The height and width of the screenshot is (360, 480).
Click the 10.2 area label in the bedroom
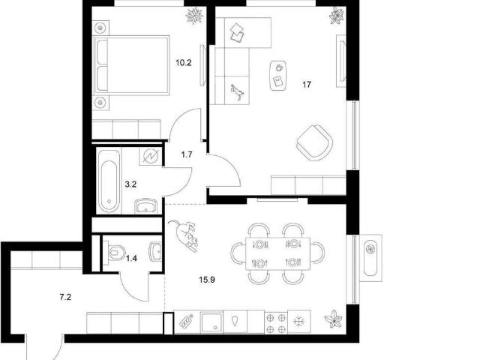[183, 63]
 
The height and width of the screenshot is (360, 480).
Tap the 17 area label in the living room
[307, 85]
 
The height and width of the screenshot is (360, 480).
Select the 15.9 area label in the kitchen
[207, 280]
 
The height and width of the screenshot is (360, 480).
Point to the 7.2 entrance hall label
[65, 297]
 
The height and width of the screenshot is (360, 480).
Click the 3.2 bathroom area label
[130, 184]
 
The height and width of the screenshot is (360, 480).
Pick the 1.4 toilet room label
[132, 259]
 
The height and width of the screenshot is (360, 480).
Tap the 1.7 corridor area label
[187, 154]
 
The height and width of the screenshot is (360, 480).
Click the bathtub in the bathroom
[109, 181]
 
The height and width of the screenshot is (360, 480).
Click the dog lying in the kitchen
[184, 235]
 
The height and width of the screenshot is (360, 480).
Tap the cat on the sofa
[237, 92]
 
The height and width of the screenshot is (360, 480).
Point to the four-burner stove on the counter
[276, 323]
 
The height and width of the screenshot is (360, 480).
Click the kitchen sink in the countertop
[211, 322]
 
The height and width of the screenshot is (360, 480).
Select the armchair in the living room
[315, 142]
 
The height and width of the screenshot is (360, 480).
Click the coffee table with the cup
[278, 75]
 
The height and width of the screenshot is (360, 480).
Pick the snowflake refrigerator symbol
[299, 322]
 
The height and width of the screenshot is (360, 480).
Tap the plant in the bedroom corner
[194, 15]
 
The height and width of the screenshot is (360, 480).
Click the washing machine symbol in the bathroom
[151, 157]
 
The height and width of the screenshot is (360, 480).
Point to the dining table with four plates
[278, 253]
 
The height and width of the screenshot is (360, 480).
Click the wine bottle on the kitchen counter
[187, 322]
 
